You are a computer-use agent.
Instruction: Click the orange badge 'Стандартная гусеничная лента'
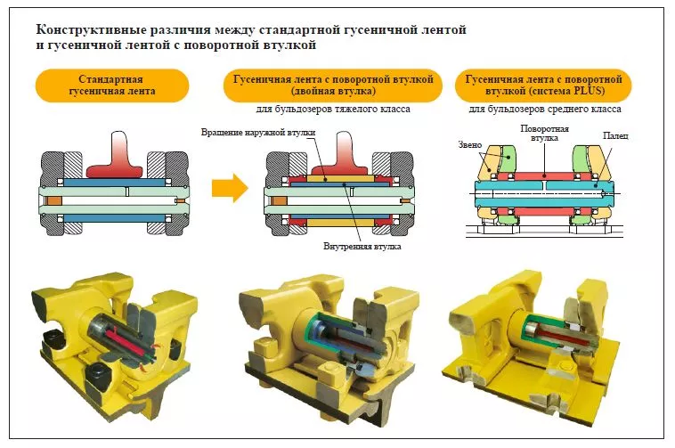(x=111, y=86)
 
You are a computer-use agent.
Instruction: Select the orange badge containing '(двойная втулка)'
(x=332, y=86)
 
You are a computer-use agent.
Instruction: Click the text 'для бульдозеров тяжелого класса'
(x=332, y=110)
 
